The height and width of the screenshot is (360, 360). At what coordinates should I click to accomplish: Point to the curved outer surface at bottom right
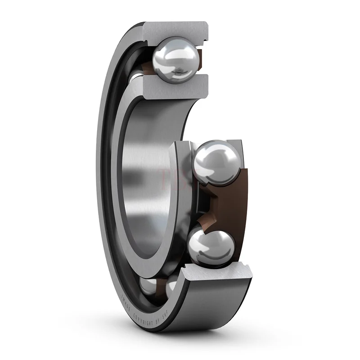pyautogui.click(x=225, y=310)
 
